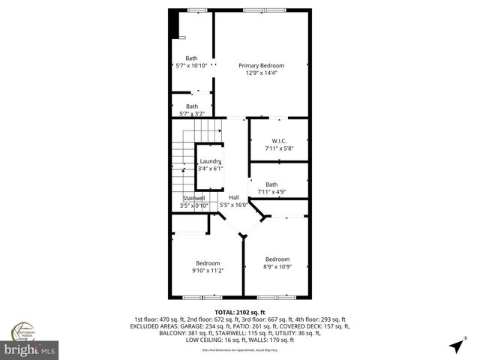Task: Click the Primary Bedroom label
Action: [x=262, y=64]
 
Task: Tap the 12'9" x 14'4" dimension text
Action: [x=262, y=73]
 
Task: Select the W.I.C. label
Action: [x=279, y=141]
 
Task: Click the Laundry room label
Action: [x=208, y=162]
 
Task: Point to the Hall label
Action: [x=234, y=197]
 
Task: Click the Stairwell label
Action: [x=193, y=198]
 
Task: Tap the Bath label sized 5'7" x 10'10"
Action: [x=192, y=58]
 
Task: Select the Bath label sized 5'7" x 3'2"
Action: [x=192, y=106]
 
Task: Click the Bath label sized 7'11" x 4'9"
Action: [x=271, y=184]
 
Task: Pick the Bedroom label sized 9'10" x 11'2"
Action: [x=208, y=262]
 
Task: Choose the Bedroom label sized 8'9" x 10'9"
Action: [x=277, y=259]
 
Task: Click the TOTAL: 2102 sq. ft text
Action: [x=239, y=311]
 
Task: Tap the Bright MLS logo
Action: [x=29, y=349]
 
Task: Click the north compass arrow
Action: [x=456, y=346]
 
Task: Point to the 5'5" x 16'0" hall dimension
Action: [x=234, y=205]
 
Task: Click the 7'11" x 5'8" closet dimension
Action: [x=279, y=148]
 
